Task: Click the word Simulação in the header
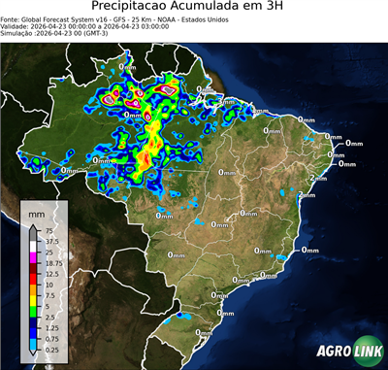tap(19, 34)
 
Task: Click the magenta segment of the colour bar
tap(32, 256)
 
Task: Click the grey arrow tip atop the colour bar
tap(32, 230)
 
